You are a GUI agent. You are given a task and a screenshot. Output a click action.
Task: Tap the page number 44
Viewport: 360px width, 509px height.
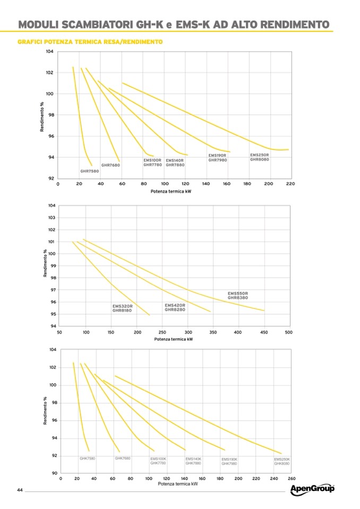[x=20, y=489]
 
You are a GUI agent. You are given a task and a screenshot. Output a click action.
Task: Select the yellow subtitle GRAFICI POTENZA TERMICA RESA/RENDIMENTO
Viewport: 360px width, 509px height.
[x=90, y=41]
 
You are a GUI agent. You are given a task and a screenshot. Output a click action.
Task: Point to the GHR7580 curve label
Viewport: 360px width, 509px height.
[x=89, y=171]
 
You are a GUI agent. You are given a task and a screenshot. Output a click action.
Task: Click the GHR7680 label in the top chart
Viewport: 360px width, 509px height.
[x=110, y=165]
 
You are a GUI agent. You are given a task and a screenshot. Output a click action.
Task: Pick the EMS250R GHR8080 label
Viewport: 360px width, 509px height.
[x=260, y=157]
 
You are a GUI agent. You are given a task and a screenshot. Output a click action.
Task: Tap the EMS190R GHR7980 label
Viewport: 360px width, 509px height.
[x=217, y=158]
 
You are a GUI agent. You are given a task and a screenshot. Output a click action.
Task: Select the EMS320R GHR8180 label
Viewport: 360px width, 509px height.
[x=122, y=308]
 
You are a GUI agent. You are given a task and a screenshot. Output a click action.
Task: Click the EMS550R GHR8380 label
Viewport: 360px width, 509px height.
[x=238, y=295]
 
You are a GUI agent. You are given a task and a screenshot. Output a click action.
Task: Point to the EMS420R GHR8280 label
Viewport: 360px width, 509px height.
[x=175, y=307]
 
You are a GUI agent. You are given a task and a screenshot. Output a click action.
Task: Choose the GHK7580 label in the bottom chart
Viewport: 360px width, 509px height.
[x=87, y=458]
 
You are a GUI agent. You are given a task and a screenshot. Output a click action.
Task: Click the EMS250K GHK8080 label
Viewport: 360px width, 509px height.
[x=282, y=461]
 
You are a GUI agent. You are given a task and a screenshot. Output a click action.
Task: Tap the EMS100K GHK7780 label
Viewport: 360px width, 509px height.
[x=158, y=461]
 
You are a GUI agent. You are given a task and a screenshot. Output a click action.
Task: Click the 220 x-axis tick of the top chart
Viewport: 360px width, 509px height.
[x=290, y=184]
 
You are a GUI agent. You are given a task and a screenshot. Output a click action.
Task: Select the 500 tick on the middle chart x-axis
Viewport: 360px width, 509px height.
[x=288, y=332]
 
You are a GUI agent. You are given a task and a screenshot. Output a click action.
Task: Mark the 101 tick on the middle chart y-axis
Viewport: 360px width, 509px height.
[x=52, y=242]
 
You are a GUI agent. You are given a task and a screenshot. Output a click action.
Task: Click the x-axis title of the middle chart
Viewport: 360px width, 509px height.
[x=173, y=339]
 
